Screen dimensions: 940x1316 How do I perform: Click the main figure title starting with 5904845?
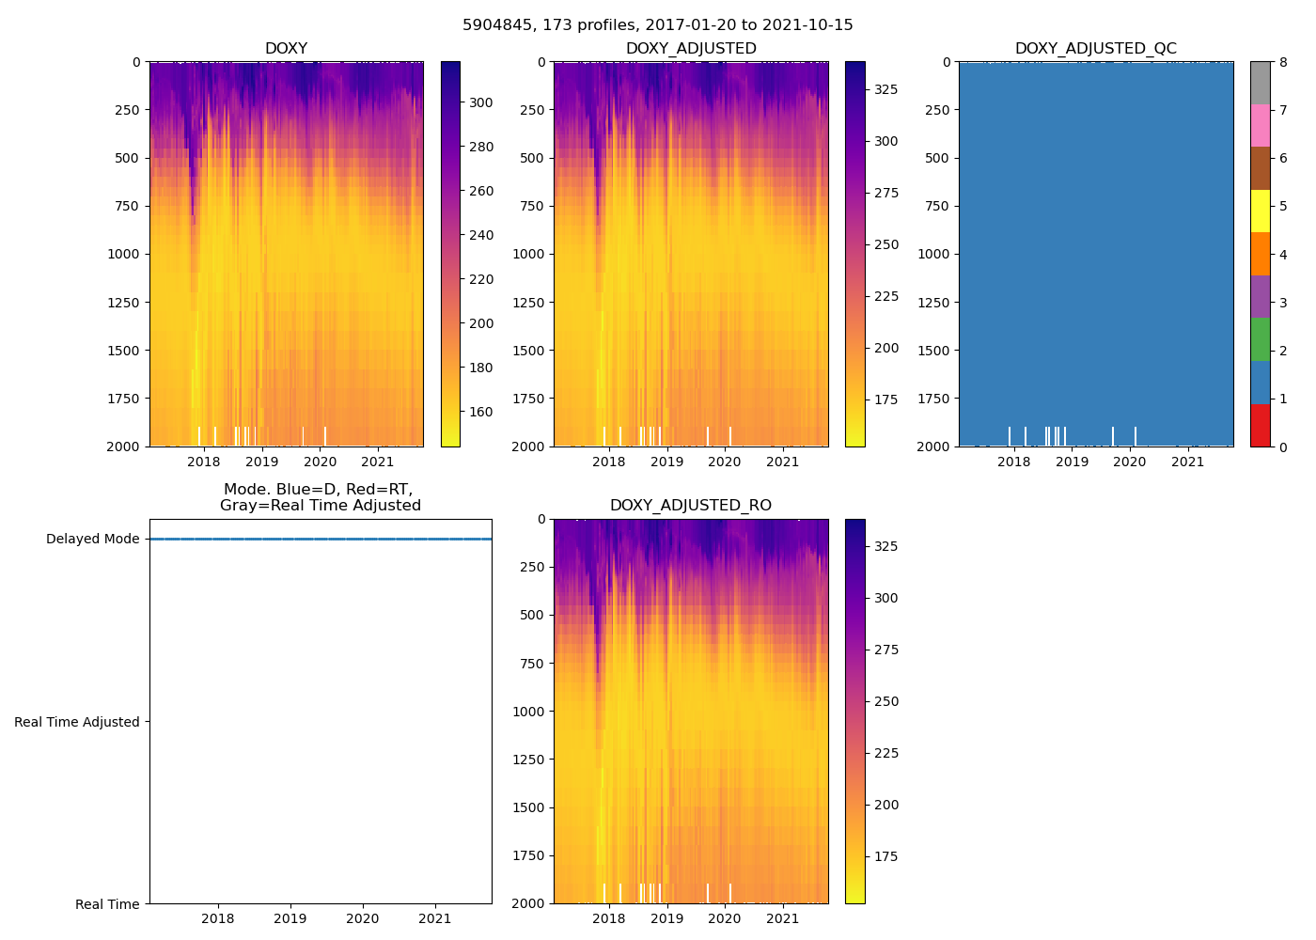(x=658, y=25)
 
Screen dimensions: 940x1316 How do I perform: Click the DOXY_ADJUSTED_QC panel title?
(x=1095, y=49)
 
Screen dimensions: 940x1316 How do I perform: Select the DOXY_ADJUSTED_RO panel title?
(x=691, y=506)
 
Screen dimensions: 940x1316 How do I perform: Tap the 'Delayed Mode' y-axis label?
(x=92, y=540)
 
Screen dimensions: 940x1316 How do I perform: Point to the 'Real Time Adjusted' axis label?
(x=77, y=722)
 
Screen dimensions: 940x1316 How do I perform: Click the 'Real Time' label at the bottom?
(x=107, y=904)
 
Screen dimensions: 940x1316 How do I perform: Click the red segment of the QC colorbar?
(x=1260, y=425)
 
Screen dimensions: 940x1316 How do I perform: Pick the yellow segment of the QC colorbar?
(x=1260, y=211)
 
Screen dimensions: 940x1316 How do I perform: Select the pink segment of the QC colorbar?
(x=1260, y=125)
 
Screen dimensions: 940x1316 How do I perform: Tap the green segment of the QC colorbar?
(x=1260, y=339)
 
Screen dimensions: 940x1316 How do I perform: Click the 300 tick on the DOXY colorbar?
(x=481, y=102)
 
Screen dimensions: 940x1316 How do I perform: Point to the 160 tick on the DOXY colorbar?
(x=481, y=412)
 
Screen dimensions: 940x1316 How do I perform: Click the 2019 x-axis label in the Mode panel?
(x=290, y=918)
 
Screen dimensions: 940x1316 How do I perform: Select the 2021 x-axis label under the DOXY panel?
(x=378, y=462)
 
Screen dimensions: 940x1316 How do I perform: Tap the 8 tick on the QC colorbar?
(x=1283, y=62)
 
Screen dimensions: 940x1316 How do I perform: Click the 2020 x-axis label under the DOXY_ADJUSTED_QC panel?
(x=1130, y=462)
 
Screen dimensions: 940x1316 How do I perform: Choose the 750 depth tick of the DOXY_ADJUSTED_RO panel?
(x=533, y=664)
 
